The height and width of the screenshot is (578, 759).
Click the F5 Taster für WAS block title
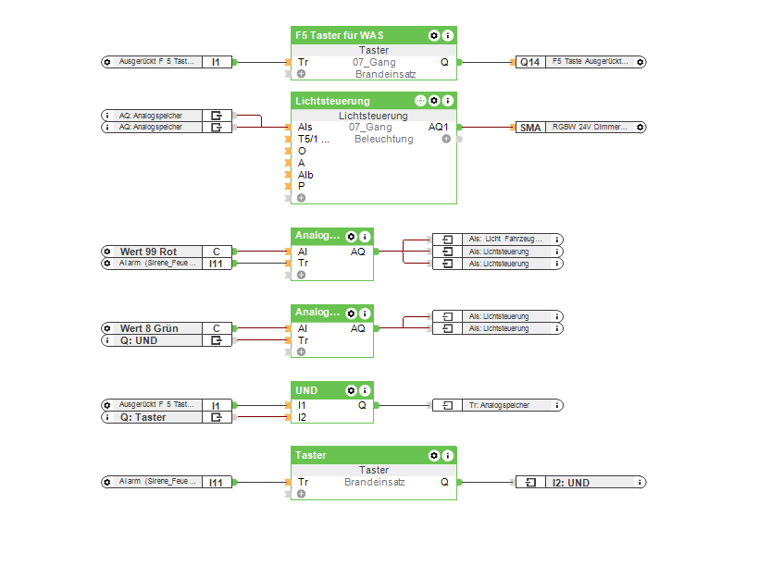pos(340,35)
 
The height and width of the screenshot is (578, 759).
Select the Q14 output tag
pos(529,62)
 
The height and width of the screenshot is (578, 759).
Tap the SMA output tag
pos(529,128)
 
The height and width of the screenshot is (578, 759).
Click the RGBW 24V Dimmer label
pos(591,128)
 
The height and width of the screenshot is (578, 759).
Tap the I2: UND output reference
pos(571,483)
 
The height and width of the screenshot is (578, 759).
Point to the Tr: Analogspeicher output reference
pos(498,405)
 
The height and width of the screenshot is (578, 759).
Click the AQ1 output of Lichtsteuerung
pos(438,128)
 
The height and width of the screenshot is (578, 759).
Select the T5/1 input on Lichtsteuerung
pos(313,140)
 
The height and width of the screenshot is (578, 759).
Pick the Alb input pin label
pos(305,175)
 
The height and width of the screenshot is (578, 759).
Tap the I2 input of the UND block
pos(302,417)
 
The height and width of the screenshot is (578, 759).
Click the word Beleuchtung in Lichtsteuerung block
pos(383,140)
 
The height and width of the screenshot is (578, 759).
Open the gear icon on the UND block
pos(352,390)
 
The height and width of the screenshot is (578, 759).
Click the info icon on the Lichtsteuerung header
pos(448,101)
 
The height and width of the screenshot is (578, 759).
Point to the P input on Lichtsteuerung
pos(301,186)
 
